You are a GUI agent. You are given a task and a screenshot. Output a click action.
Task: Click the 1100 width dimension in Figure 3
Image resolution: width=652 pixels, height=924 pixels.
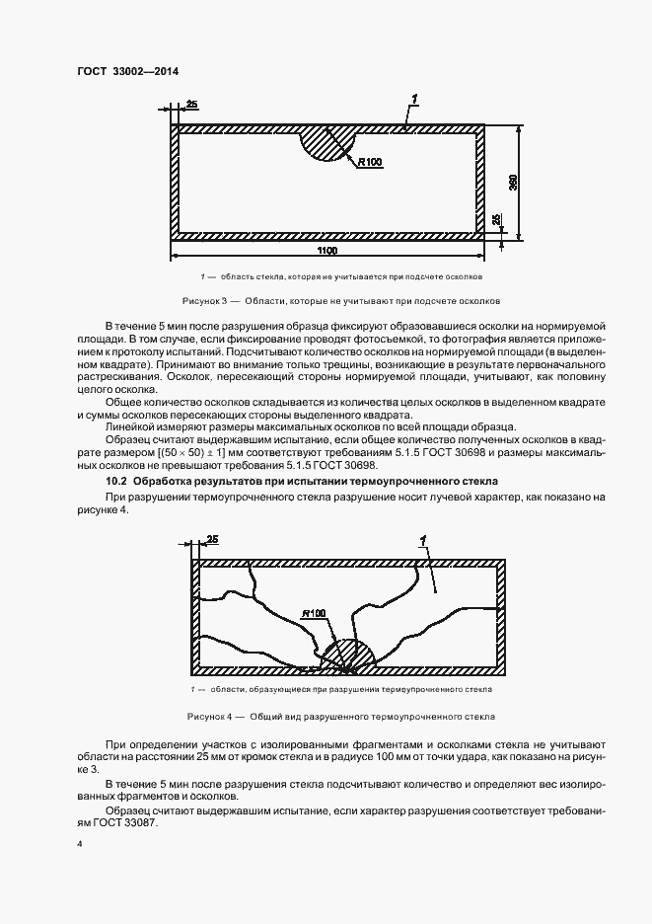pyautogui.click(x=326, y=251)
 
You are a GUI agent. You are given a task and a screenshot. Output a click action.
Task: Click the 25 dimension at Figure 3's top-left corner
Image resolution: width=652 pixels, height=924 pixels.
pyautogui.click(x=191, y=104)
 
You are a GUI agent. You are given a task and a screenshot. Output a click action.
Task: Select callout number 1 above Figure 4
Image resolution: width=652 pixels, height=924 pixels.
pyautogui.click(x=422, y=539)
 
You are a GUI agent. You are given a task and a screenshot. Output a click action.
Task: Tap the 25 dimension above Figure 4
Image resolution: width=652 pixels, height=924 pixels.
pyautogui.click(x=212, y=539)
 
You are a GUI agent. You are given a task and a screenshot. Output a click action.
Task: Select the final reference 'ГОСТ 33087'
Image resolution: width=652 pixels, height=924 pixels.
pyautogui.click(x=123, y=822)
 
